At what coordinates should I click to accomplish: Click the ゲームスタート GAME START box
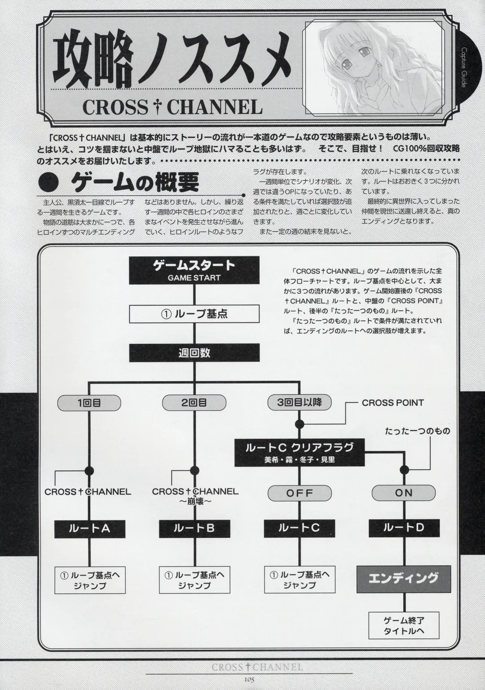pyautogui.click(x=194, y=270)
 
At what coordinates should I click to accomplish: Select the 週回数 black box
pyautogui.click(x=194, y=353)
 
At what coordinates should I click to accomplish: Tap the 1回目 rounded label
pyautogui.click(x=89, y=403)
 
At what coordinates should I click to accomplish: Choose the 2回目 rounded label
pyautogui.click(x=194, y=403)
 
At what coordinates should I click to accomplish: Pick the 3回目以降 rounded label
pyautogui.click(x=299, y=402)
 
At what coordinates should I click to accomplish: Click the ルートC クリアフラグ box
pyautogui.click(x=299, y=452)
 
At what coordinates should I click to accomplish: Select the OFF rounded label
pyautogui.click(x=299, y=493)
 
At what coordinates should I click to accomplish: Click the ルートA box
pyautogui.click(x=89, y=528)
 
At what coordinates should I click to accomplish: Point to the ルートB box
pyautogui.click(x=194, y=528)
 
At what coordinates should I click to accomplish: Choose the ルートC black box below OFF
pyautogui.click(x=299, y=528)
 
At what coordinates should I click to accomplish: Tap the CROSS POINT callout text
pyautogui.click(x=392, y=403)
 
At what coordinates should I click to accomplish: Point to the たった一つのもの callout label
pyautogui.click(x=417, y=431)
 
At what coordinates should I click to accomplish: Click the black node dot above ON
pyautogui.click(x=404, y=470)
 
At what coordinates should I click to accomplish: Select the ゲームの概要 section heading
pyautogui.click(x=135, y=184)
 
